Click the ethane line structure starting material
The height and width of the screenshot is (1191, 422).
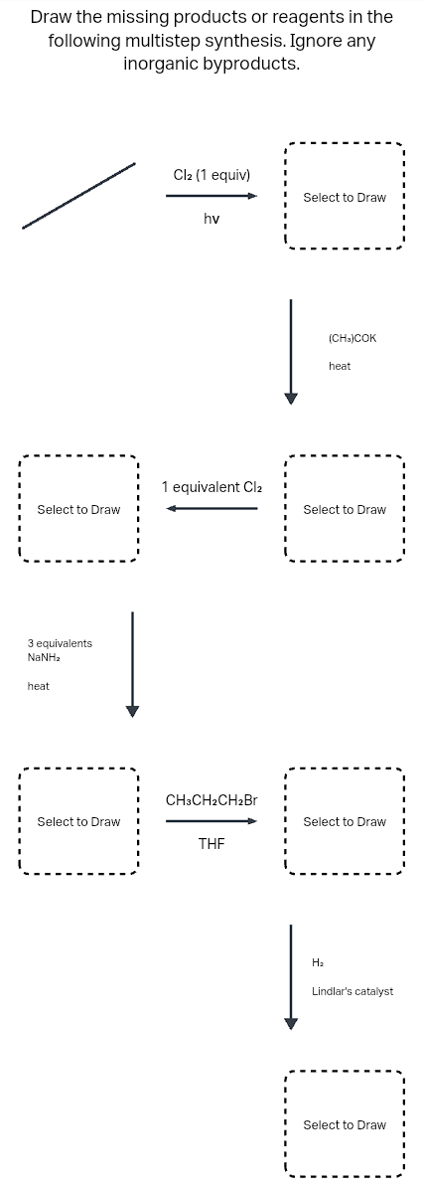click(79, 196)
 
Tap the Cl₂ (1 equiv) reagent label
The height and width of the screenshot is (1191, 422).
click(211, 174)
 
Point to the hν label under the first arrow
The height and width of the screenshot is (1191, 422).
click(211, 219)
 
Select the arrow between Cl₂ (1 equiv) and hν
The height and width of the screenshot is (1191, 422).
click(211, 196)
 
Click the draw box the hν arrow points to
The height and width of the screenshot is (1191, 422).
click(344, 197)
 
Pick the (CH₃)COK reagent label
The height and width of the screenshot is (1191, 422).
click(352, 338)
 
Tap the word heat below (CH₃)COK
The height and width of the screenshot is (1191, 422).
click(340, 366)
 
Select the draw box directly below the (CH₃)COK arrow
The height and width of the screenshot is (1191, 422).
click(344, 509)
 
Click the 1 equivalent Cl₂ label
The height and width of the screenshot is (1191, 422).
click(213, 487)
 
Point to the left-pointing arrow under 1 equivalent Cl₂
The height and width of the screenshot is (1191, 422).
click(211, 509)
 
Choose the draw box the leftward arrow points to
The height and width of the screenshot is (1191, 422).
click(78, 509)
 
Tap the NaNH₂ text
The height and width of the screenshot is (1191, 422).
click(45, 657)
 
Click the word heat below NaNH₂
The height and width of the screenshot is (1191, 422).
click(39, 686)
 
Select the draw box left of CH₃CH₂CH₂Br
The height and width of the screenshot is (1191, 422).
click(78, 821)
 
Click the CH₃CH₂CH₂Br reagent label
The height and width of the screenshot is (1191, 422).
click(211, 799)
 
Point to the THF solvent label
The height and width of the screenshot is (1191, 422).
click(211, 844)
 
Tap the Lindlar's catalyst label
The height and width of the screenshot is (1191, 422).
click(352, 991)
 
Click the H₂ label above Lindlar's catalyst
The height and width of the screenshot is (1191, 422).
click(318, 962)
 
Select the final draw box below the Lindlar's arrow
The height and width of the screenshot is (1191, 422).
click(344, 1124)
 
